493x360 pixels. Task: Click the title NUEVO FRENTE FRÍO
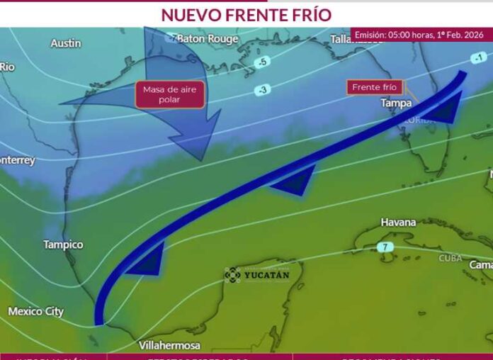pyautogui.click(x=246, y=14)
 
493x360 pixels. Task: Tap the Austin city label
pyautogui.click(x=65, y=43)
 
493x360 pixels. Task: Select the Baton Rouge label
pyautogui.click(x=208, y=39)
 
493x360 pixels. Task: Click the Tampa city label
pyautogui.click(x=396, y=103)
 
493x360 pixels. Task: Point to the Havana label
pyautogui.click(x=398, y=223)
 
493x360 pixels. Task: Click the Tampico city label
pyautogui.click(x=63, y=244)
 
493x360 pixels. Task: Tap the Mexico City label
pyautogui.click(x=35, y=311)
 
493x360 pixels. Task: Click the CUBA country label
pyautogui.click(x=450, y=258)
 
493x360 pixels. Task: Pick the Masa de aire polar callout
pyautogui.click(x=170, y=94)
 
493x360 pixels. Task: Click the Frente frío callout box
pyautogui.click(x=375, y=88)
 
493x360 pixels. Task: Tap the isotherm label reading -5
pyautogui.click(x=263, y=62)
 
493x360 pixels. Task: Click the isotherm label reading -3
pyautogui.click(x=263, y=89)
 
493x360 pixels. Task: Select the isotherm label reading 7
pyautogui.click(x=385, y=247)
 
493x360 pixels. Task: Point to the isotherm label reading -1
pyautogui.click(x=479, y=57)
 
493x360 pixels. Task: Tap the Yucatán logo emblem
pyautogui.click(x=232, y=274)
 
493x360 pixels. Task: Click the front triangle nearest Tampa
pyautogui.click(x=443, y=110)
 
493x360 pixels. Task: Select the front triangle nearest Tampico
pyautogui.click(x=149, y=261)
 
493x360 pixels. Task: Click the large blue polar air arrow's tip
pyautogui.click(x=203, y=157)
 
